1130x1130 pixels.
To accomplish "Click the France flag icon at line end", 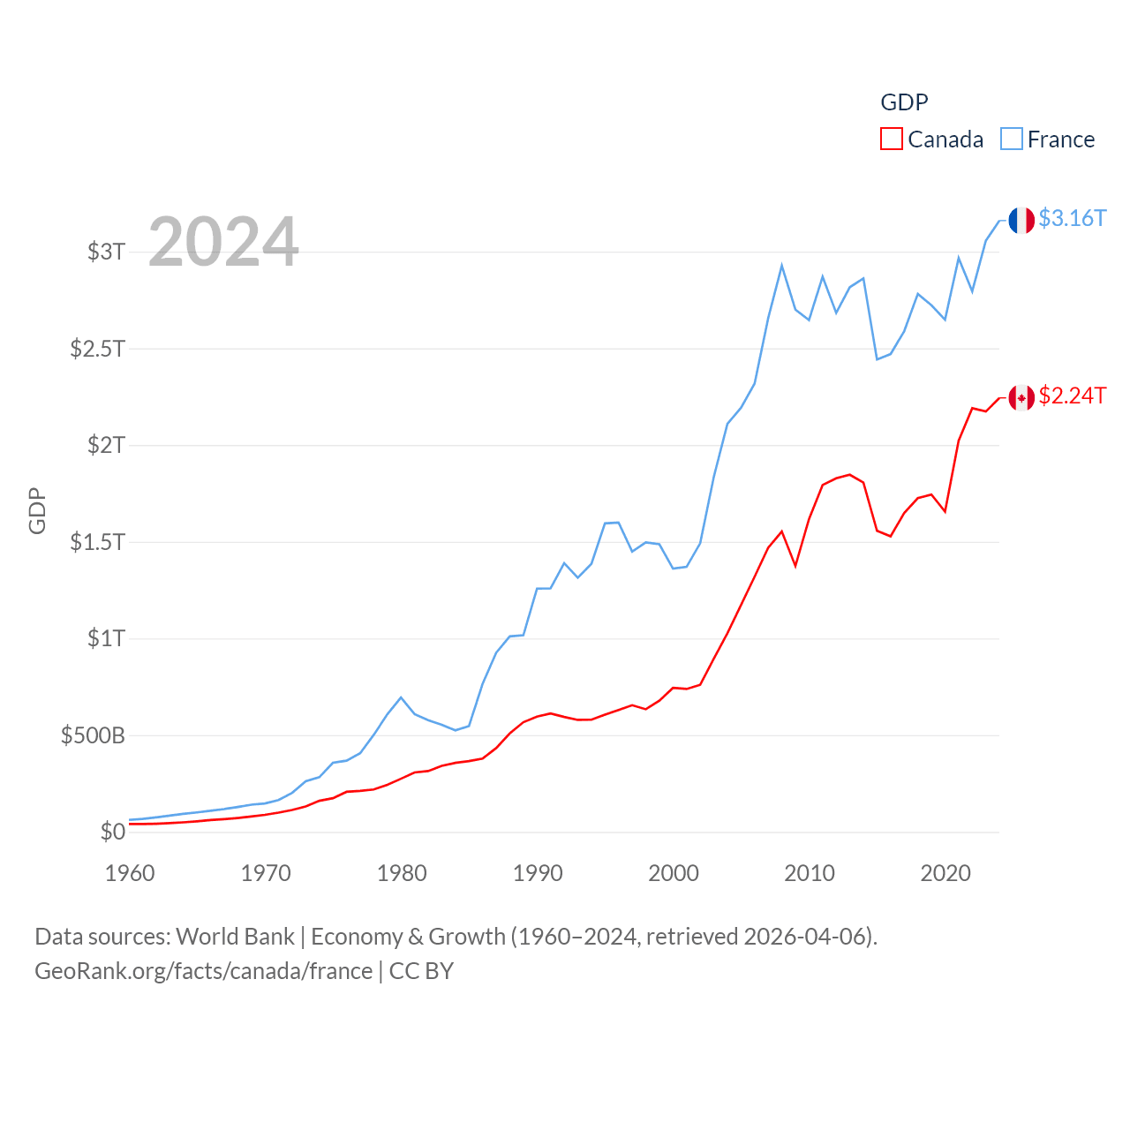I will [x=1021, y=221].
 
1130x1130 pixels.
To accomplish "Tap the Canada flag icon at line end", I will [x=1021, y=398].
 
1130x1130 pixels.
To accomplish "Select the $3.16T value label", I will [x=1072, y=218].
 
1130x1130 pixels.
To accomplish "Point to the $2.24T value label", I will [x=1072, y=395].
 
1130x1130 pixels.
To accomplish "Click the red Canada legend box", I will [x=892, y=139].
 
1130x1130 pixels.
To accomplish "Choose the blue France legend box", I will [x=1012, y=139].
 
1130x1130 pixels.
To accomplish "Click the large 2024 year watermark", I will [x=223, y=242].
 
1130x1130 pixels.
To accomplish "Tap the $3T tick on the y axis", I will [x=106, y=252].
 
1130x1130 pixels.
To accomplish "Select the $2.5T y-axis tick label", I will [x=97, y=349].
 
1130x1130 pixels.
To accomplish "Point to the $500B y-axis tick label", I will [x=93, y=735].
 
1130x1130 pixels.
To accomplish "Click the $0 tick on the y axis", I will [x=112, y=832].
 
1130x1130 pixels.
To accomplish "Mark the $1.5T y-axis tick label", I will [x=97, y=542].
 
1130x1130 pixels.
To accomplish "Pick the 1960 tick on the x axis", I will [x=130, y=873].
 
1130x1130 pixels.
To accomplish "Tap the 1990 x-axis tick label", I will [x=538, y=873].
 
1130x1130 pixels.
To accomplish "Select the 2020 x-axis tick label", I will [x=945, y=873].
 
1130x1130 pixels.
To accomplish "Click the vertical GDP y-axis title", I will [x=37, y=510].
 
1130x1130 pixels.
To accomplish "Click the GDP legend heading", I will [x=904, y=102].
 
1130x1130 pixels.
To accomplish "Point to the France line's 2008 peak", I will [x=782, y=265].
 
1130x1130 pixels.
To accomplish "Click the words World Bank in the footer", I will [x=235, y=936].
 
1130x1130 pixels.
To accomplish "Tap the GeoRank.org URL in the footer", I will [x=203, y=971].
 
